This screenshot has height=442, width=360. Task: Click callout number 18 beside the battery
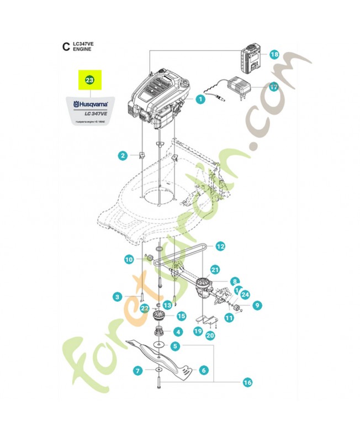(274, 54)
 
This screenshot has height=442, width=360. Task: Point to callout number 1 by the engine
(200, 99)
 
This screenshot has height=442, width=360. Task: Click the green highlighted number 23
(89, 80)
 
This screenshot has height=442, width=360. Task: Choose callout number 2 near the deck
(123, 156)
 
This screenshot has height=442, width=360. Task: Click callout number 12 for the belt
(220, 246)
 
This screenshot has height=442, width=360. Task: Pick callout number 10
(129, 259)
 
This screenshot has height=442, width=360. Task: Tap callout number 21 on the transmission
(215, 269)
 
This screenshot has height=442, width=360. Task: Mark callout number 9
(257, 304)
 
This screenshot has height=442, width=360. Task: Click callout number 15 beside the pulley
(181, 316)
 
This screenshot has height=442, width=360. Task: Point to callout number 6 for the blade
(203, 370)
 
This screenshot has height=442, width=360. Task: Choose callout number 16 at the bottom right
(247, 382)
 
